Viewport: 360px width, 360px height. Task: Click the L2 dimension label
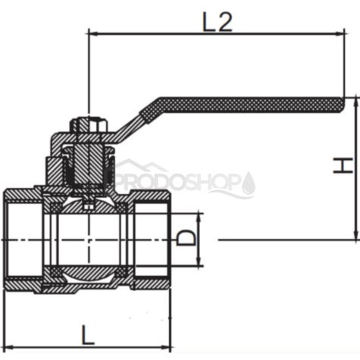point(218,22)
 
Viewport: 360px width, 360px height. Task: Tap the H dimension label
point(343,165)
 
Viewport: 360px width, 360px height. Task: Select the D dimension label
point(186,237)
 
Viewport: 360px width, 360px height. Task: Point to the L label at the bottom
point(88,335)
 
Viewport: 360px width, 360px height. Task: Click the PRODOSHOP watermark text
point(177,181)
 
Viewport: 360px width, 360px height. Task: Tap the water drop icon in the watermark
point(249,183)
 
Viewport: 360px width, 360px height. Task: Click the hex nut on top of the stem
point(89,125)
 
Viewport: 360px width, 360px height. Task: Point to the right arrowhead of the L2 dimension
point(340,33)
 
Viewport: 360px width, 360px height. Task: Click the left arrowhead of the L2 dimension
point(93,33)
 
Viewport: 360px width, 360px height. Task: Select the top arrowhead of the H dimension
point(356,102)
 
